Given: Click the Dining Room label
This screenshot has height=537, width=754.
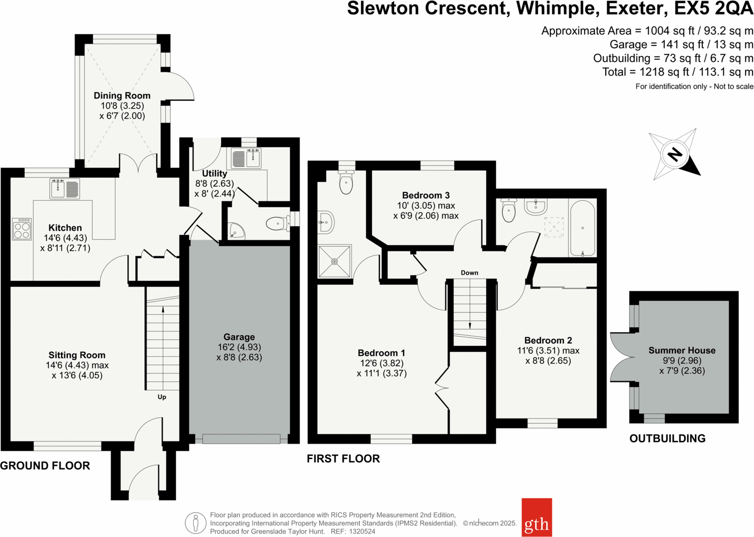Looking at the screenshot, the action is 122,96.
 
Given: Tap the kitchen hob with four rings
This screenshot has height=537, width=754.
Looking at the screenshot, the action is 22,229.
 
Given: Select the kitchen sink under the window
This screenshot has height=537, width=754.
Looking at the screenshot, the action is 65,189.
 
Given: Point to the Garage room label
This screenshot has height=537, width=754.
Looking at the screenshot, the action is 239,337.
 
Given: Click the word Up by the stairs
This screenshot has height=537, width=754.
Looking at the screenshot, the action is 162,397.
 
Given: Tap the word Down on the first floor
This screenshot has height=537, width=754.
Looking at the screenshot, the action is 469,272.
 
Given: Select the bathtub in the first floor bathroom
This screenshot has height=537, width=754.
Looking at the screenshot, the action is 582,229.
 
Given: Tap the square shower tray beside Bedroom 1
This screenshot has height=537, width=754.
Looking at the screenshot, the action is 334,262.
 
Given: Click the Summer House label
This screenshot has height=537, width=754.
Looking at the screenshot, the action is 682,350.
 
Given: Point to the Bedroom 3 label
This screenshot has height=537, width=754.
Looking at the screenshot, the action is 426,195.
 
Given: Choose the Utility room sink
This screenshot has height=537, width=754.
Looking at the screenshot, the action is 246,158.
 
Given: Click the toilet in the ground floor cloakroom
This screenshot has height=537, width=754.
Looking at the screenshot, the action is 278,223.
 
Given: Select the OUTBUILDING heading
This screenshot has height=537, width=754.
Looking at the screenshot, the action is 667,438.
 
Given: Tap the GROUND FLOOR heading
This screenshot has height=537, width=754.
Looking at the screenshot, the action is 45,466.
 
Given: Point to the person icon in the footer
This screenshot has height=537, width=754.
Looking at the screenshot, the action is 196,523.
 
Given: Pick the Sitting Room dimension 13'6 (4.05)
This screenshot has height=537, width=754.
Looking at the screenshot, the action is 77,375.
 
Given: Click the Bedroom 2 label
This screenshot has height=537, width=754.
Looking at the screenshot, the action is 548,340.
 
